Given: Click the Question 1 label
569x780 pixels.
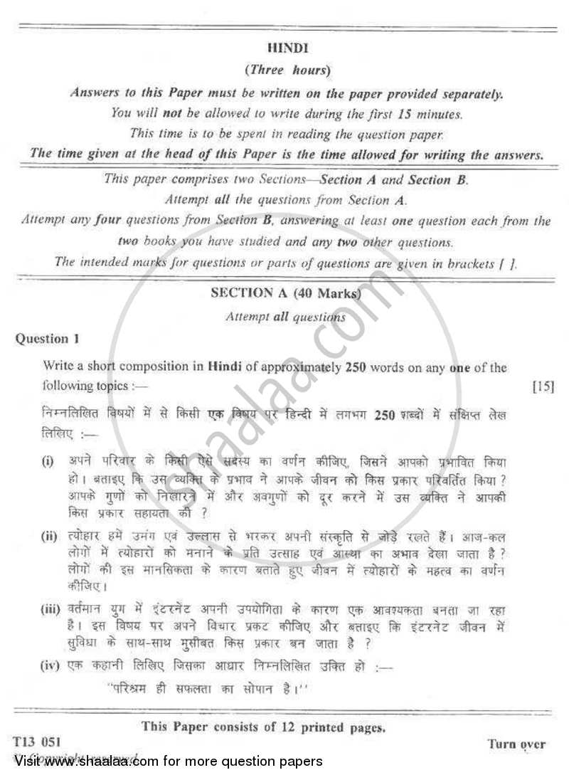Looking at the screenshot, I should point(43,339).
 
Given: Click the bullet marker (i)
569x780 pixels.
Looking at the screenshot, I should point(48,461).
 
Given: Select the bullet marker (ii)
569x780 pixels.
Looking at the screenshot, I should point(50,535).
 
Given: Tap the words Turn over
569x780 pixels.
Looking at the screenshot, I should point(517,744).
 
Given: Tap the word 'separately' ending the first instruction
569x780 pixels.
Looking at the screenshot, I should point(471,94).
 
